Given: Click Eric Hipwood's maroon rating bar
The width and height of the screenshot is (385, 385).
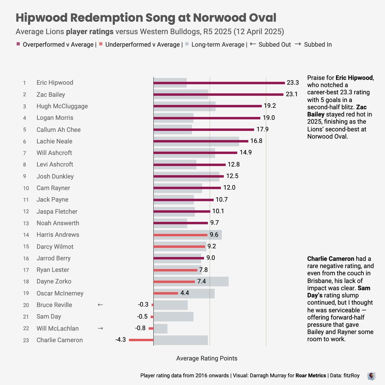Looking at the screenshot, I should pyautogui.click(x=219, y=83).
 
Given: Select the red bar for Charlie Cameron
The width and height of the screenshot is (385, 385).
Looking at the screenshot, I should pyautogui.click(x=141, y=340).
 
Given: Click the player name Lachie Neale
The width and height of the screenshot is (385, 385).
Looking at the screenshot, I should pyautogui.click(x=54, y=141).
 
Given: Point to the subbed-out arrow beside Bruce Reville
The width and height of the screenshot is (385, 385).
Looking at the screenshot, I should pyautogui.click(x=100, y=305).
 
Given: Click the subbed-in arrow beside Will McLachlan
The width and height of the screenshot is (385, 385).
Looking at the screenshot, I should pyautogui.click(x=100, y=328).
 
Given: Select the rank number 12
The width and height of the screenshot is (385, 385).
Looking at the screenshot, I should pyautogui.click(x=26, y=211).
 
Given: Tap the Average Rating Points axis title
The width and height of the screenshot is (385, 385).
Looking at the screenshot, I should pyautogui.click(x=207, y=358).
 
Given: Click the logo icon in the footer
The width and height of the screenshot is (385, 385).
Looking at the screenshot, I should pyautogui.click(x=371, y=376).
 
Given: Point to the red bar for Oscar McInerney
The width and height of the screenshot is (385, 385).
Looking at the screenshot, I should pyautogui.click(x=166, y=293).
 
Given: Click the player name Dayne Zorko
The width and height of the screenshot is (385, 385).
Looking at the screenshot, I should pyautogui.click(x=54, y=281).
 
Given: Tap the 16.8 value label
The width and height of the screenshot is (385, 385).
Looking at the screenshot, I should pyautogui.click(x=256, y=141).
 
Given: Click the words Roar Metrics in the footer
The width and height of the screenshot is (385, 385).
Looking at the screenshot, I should pyautogui.click(x=311, y=375).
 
